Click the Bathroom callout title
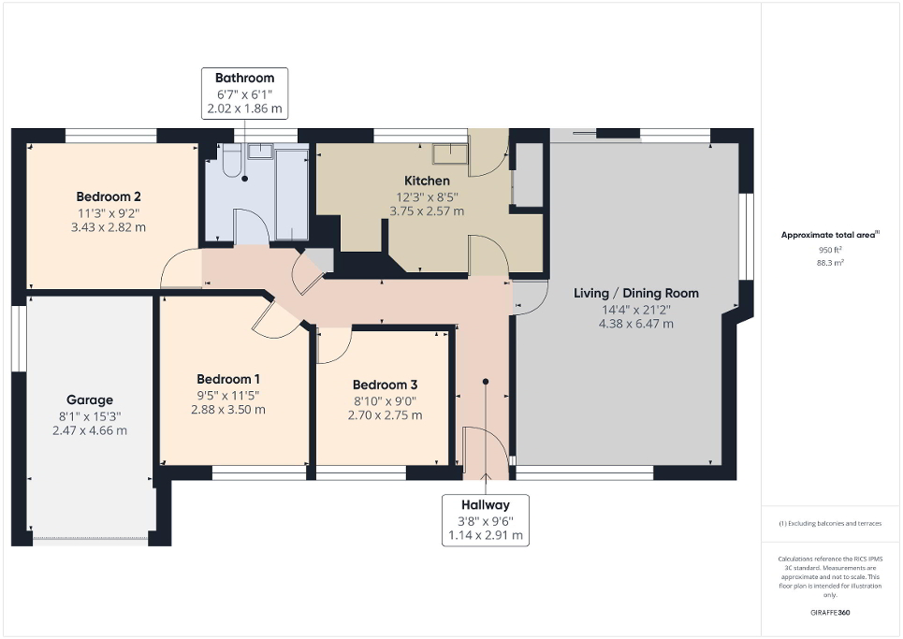pyautogui.click(x=244, y=78)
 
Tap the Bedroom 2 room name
pyautogui.click(x=109, y=196)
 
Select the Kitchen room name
pyautogui.click(x=427, y=181)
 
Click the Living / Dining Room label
pyautogui.click(x=635, y=293)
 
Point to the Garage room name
pyautogui.click(x=89, y=399)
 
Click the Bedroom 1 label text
pyautogui.click(x=228, y=379)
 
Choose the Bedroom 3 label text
pyautogui.click(x=385, y=385)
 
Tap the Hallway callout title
pyautogui.click(x=485, y=505)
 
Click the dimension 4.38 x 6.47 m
pyautogui.click(x=636, y=324)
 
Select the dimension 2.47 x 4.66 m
pyautogui.click(x=89, y=430)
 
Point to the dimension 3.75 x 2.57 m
pyautogui.click(x=427, y=211)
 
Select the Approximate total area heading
pyautogui.click(x=829, y=235)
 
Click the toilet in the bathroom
pyautogui.click(x=231, y=162)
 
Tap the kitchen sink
pyautogui.click(x=450, y=152)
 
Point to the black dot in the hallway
pyautogui.click(x=485, y=382)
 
